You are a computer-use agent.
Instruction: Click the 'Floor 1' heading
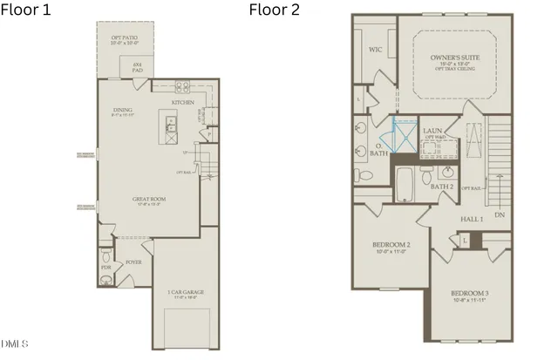click(25, 10)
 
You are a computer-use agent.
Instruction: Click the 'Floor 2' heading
click(275, 10)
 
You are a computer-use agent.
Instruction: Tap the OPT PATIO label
click(124, 39)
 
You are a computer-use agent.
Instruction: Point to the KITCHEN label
click(182, 102)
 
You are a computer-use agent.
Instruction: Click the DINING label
click(122, 110)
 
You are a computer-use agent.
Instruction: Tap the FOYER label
click(133, 260)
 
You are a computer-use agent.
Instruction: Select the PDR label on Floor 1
click(105, 268)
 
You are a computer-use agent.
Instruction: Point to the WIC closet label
click(377, 51)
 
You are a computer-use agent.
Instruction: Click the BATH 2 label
click(442, 186)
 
